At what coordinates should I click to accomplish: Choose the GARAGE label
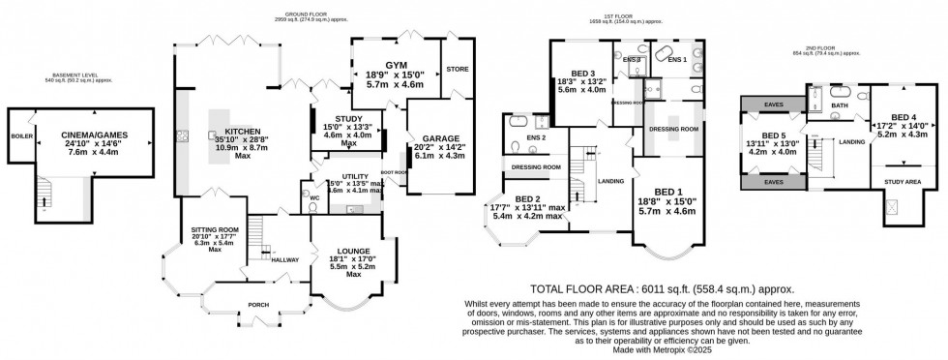(x=433, y=138)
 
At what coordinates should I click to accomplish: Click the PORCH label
(x=258, y=305)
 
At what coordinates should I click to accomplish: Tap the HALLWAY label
(x=284, y=260)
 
